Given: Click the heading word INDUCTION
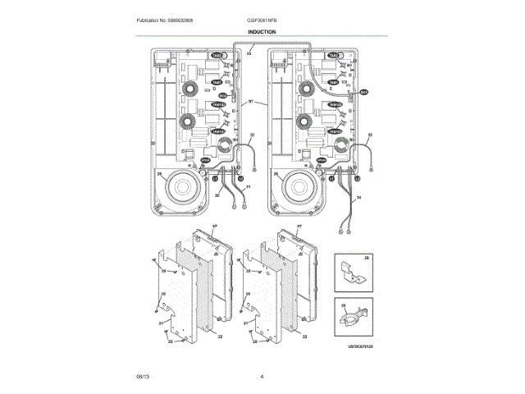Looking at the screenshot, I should pyautogui.click(x=262, y=32).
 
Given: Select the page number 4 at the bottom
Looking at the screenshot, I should pyautogui.click(x=262, y=377).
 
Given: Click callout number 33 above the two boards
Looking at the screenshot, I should pyautogui.click(x=249, y=53).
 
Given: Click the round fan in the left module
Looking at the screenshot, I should pyautogui.click(x=187, y=190).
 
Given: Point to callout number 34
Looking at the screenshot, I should pyautogui.click(x=358, y=198).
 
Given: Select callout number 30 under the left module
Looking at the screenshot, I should pyautogui.click(x=217, y=195).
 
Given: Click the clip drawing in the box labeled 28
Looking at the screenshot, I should pyautogui.click(x=353, y=274).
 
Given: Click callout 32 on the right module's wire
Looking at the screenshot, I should pyautogui.click(x=370, y=135).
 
